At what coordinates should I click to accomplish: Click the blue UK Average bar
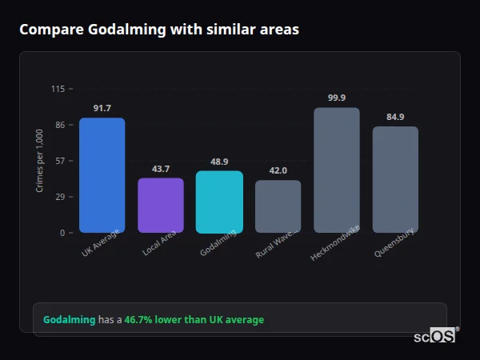[x=102, y=175]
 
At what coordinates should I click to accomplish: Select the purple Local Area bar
[x=161, y=206]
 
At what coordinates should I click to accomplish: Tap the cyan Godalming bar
[x=219, y=202]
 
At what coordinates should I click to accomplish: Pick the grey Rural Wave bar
[x=278, y=206]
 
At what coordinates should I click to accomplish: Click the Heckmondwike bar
[x=337, y=170]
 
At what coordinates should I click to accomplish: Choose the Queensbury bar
[x=395, y=179]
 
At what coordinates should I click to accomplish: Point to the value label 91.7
[x=102, y=108]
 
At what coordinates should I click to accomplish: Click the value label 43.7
[x=161, y=169]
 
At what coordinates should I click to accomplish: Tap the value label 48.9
[x=219, y=162]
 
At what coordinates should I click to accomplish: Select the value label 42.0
[x=278, y=170]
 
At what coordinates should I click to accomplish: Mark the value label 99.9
[x=337, y=98]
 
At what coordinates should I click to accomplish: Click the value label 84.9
[x=395, y=117]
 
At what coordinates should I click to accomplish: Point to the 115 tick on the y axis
[x=58, y=89]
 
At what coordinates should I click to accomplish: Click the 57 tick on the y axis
[x=60, y=161]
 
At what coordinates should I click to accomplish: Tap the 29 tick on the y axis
[x=60, y=197]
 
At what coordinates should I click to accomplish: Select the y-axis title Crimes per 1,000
[x=40, y=161]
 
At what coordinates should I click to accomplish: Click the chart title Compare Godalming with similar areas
[x=159, y=30]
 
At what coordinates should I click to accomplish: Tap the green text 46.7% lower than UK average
[x=194, y=320]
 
